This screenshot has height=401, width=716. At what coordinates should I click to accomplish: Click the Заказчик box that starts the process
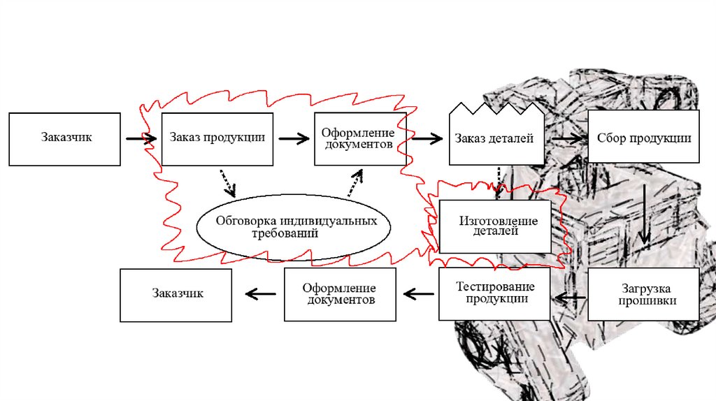pos(66,138)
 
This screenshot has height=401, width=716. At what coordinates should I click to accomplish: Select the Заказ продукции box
pos(217,138)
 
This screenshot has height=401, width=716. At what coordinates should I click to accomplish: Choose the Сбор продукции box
pos(643,138)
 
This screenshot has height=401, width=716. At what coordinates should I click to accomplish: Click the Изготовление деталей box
pos(498,226)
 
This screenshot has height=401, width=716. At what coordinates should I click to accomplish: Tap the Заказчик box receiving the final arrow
pos(176,294)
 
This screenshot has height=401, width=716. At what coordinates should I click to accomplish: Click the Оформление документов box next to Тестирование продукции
pos(340,295)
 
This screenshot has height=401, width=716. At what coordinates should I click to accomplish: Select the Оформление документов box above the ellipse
pos(359,138)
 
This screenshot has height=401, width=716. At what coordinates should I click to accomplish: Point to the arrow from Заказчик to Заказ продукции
pos(141,139)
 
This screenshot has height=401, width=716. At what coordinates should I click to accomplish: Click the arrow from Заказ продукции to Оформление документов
pos(293,138)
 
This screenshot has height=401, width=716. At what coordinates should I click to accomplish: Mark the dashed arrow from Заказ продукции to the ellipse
pos(227,182)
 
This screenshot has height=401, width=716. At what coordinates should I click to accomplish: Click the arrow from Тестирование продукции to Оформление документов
pos(418,294)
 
